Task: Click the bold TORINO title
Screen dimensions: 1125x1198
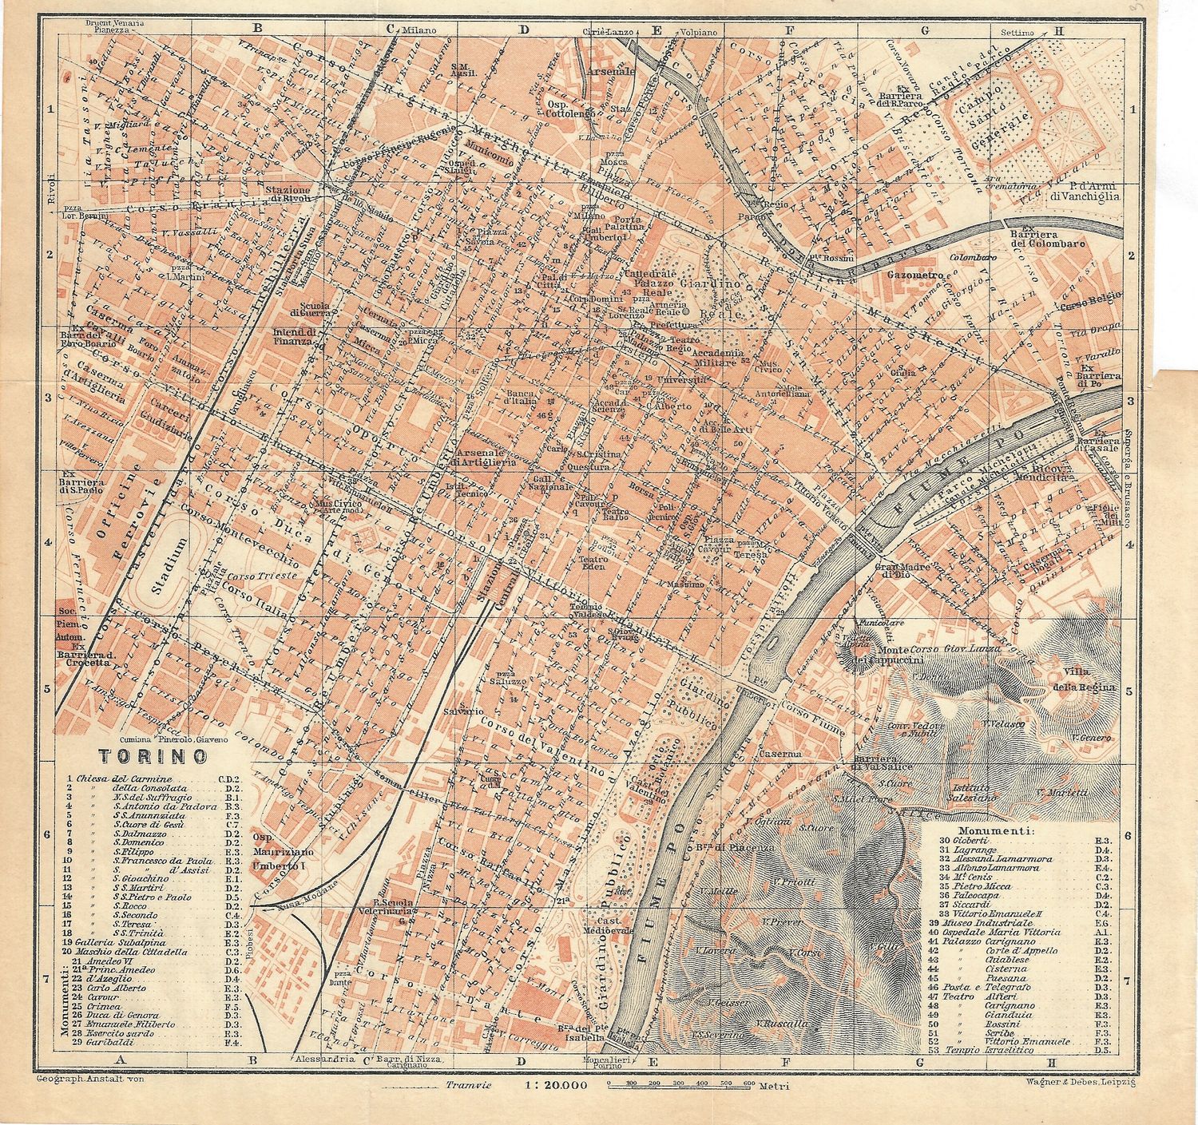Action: [x=153, y=755]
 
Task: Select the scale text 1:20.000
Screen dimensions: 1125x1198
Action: [x=556, y=1085]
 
